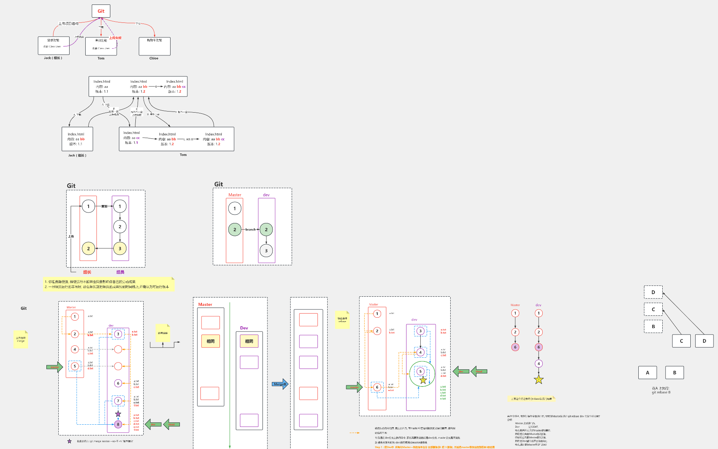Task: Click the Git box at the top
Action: tap(101, 11)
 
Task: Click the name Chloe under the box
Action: tap(154, 58)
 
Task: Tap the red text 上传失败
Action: tap(115, 38)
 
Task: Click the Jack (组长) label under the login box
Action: tap(53, 58)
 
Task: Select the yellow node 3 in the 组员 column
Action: tap(120, 248)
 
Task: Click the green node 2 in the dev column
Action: tap(266, 230)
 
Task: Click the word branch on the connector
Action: tap(251, 229)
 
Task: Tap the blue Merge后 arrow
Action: tap(280, 384)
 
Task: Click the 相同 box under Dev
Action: tap(249, 341)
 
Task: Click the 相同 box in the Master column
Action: tap(211, 341)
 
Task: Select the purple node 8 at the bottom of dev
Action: tap(118, 424)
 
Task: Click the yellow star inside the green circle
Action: tap(423, 381)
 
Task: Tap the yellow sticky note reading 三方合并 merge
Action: tap(21, 339)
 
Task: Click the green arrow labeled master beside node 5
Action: tap(55, 367)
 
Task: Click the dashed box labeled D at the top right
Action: tap(653, 292)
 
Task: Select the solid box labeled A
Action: tap(647, 373)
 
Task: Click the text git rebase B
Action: tap(661, 393)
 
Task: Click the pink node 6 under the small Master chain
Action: tap(515, 347)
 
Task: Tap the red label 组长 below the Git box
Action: tap(87, 272)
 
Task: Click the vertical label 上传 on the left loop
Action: tap(71, 236)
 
